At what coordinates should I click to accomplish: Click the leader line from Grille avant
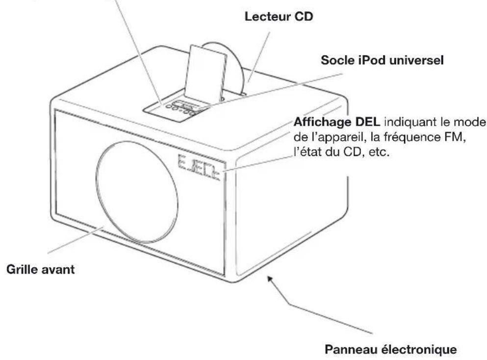click(x=73, y=240)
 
